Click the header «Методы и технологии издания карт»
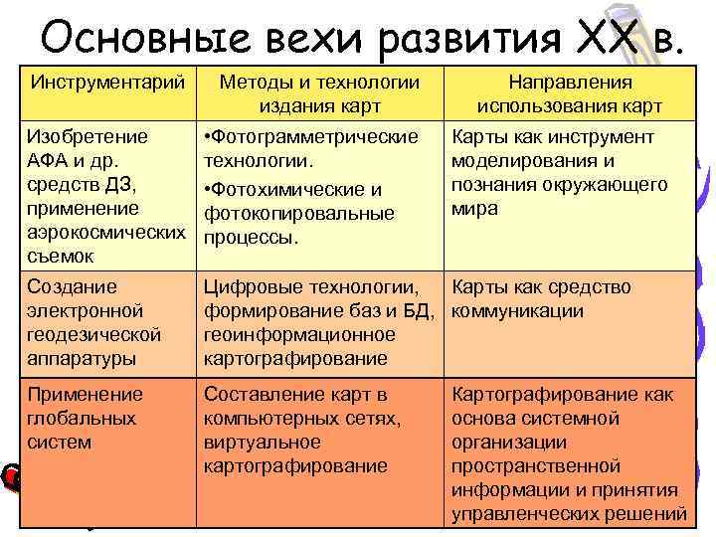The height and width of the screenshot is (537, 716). point(318,92)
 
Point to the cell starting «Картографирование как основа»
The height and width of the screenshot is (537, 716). point(565,453)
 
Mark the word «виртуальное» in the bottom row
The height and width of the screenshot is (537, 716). point(262,442)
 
